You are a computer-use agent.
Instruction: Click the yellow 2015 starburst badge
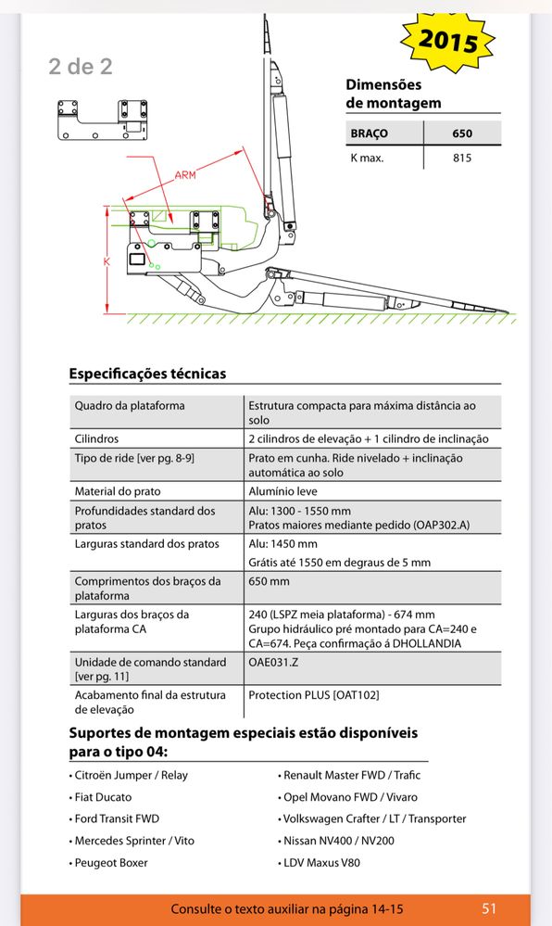[447, 42]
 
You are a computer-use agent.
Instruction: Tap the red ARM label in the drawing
[185, 175]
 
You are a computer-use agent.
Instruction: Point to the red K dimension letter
[107, 260]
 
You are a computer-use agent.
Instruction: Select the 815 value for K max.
[462, 158]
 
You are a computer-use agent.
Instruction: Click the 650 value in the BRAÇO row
[462, 133]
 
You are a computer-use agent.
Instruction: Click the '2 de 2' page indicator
[81, 66]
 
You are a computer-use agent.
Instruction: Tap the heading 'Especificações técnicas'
[147, 374]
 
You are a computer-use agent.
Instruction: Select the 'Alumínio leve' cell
[282, 491]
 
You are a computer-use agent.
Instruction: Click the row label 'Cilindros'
[96, 438]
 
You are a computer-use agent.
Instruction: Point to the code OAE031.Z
[273, 662]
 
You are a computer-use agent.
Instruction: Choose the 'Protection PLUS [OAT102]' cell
[313, 695]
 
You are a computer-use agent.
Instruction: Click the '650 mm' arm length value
[269, 581]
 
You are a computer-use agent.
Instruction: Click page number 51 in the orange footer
[489, 909]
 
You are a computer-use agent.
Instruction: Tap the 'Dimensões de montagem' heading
[394, 94]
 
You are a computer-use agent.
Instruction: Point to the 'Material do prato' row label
[118, 491]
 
